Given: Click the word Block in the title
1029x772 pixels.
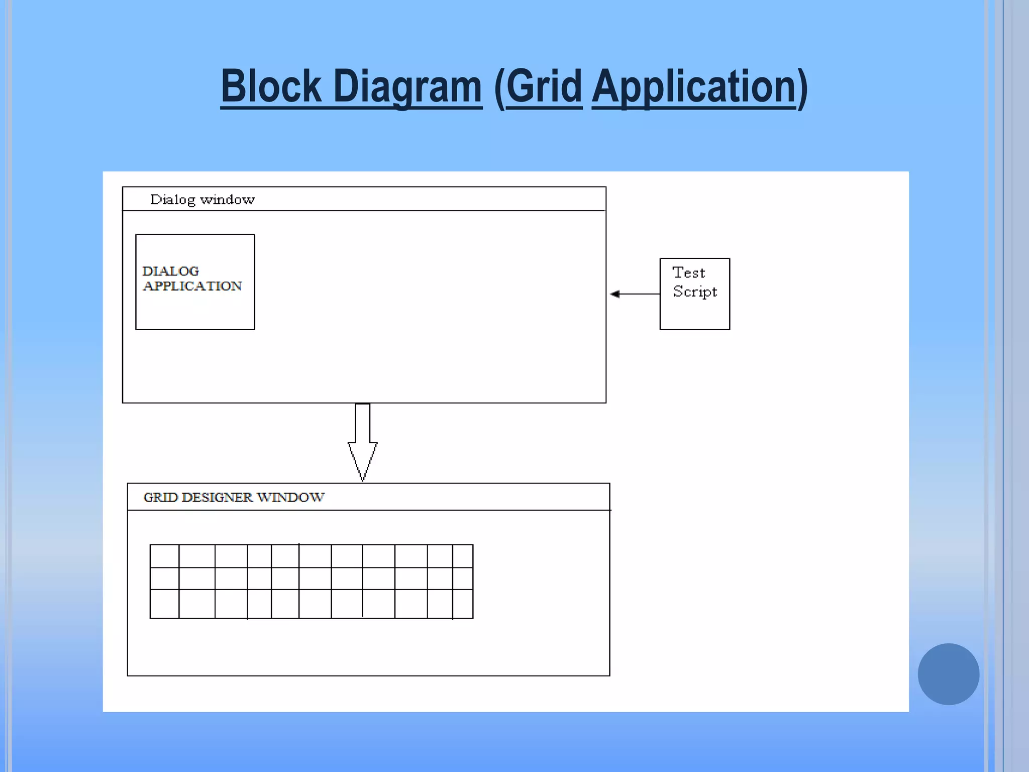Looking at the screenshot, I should [x=271, y=86].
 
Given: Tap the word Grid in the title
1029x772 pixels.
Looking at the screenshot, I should [x=544, y=86].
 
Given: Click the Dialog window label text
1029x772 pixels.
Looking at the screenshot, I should [x=202, y=200].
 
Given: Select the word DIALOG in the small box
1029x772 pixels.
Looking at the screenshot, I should [x=170, y=271].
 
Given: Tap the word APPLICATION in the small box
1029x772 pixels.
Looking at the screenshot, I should [x=192, y=286].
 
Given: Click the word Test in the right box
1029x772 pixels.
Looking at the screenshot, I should [x=688, y=273].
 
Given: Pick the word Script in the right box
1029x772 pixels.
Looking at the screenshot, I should [x=695, y=292].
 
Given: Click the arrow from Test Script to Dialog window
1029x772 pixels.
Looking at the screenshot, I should [x=634, y=294].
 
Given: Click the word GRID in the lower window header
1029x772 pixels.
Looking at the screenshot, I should [x=160, y=498].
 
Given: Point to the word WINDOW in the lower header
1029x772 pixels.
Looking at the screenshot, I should [x=290, y=498].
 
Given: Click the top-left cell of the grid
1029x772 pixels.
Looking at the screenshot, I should [x=164, y=556].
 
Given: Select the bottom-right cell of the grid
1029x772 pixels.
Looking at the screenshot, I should [x=463, y=604].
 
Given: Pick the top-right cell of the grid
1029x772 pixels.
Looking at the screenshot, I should [x=463, y=556].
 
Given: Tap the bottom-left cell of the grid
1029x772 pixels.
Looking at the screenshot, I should [x=164, y=604].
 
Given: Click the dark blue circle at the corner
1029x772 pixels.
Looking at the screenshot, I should [x=948, y=674].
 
